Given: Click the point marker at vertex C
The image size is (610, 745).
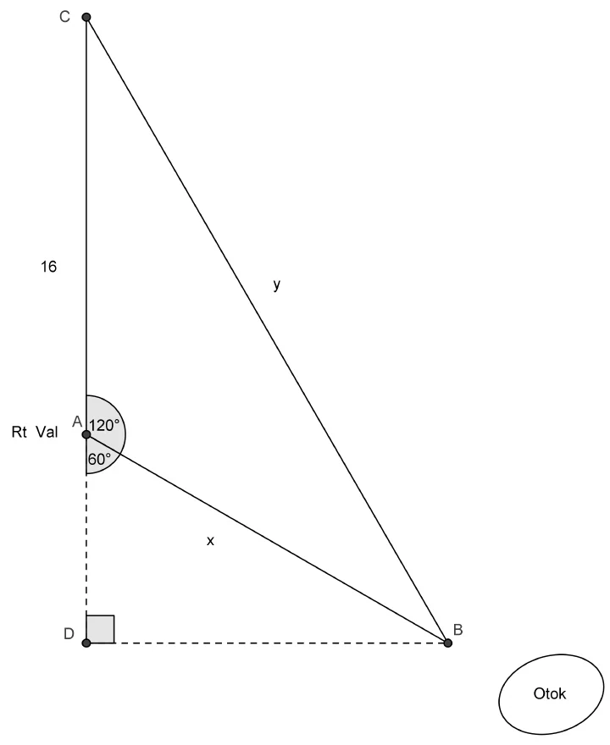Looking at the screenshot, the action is pos(86,17).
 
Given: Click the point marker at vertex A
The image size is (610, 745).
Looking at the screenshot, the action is pos(86,434).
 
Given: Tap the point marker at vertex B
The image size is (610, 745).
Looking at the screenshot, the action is pos(447,643).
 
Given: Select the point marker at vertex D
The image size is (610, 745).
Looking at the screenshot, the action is pos(86,643).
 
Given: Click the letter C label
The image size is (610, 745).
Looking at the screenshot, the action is pos(64,17).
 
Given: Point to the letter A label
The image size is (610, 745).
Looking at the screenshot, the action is pos(77,421).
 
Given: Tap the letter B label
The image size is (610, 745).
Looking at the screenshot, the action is pos(457,630).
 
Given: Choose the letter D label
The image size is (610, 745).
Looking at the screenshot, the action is pos(69,634).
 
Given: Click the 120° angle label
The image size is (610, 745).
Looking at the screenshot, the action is pos(103,425).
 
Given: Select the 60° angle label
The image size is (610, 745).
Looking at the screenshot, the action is pos(99,459).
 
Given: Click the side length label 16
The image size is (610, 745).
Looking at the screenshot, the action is pos(48,267).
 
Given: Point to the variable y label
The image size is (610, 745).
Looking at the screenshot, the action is pos(277,284).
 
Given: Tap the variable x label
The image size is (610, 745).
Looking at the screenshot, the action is pos(210,541).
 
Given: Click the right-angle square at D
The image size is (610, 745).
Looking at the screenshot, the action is pos(100,629).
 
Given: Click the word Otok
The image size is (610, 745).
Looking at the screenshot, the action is pos(550,693).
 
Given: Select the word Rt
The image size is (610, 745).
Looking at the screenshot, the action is pos(19,432).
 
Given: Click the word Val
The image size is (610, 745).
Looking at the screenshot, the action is pos(47,432).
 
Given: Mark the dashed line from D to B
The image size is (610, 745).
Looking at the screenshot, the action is pos(267,643).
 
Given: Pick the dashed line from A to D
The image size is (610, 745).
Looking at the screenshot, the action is pos(86,538).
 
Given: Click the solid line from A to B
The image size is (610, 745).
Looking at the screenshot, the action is pos(267,538).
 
